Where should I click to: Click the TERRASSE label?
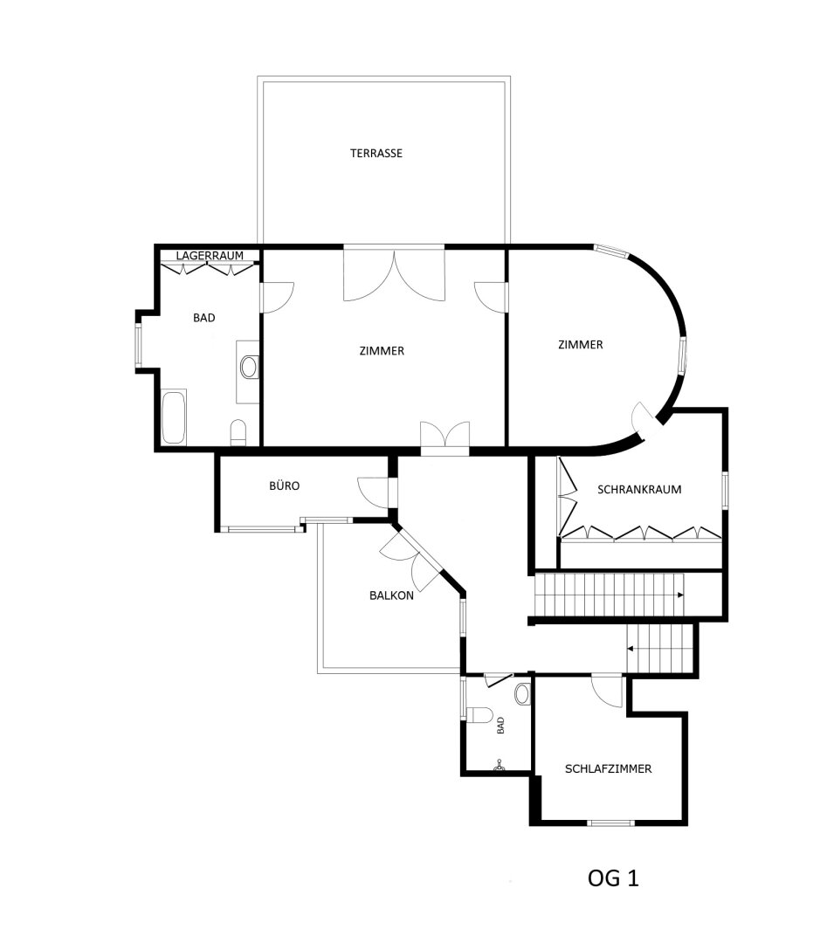tap(376, 154)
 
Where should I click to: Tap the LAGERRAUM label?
tap(210, 256)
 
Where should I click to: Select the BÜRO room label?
tap(284, 486)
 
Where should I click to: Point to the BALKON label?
tap(391, 595)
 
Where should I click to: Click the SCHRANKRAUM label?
tap(639, 490)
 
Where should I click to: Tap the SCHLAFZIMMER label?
tap(608, 768)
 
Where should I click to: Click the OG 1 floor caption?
tap(613, 878)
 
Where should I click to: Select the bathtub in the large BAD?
tap(174, 417)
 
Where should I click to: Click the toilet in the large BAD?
tap(238, 433)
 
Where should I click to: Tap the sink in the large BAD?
tap(248, 366)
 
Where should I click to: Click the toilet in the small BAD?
tap(480, 715)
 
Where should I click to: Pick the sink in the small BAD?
tap(522, 694)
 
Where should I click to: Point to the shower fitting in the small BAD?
tap(499, 766)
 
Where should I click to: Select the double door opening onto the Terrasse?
tap(394, 274)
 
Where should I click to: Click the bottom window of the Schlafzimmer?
tap(610, 823)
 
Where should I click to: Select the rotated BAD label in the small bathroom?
tap(500, 726)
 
